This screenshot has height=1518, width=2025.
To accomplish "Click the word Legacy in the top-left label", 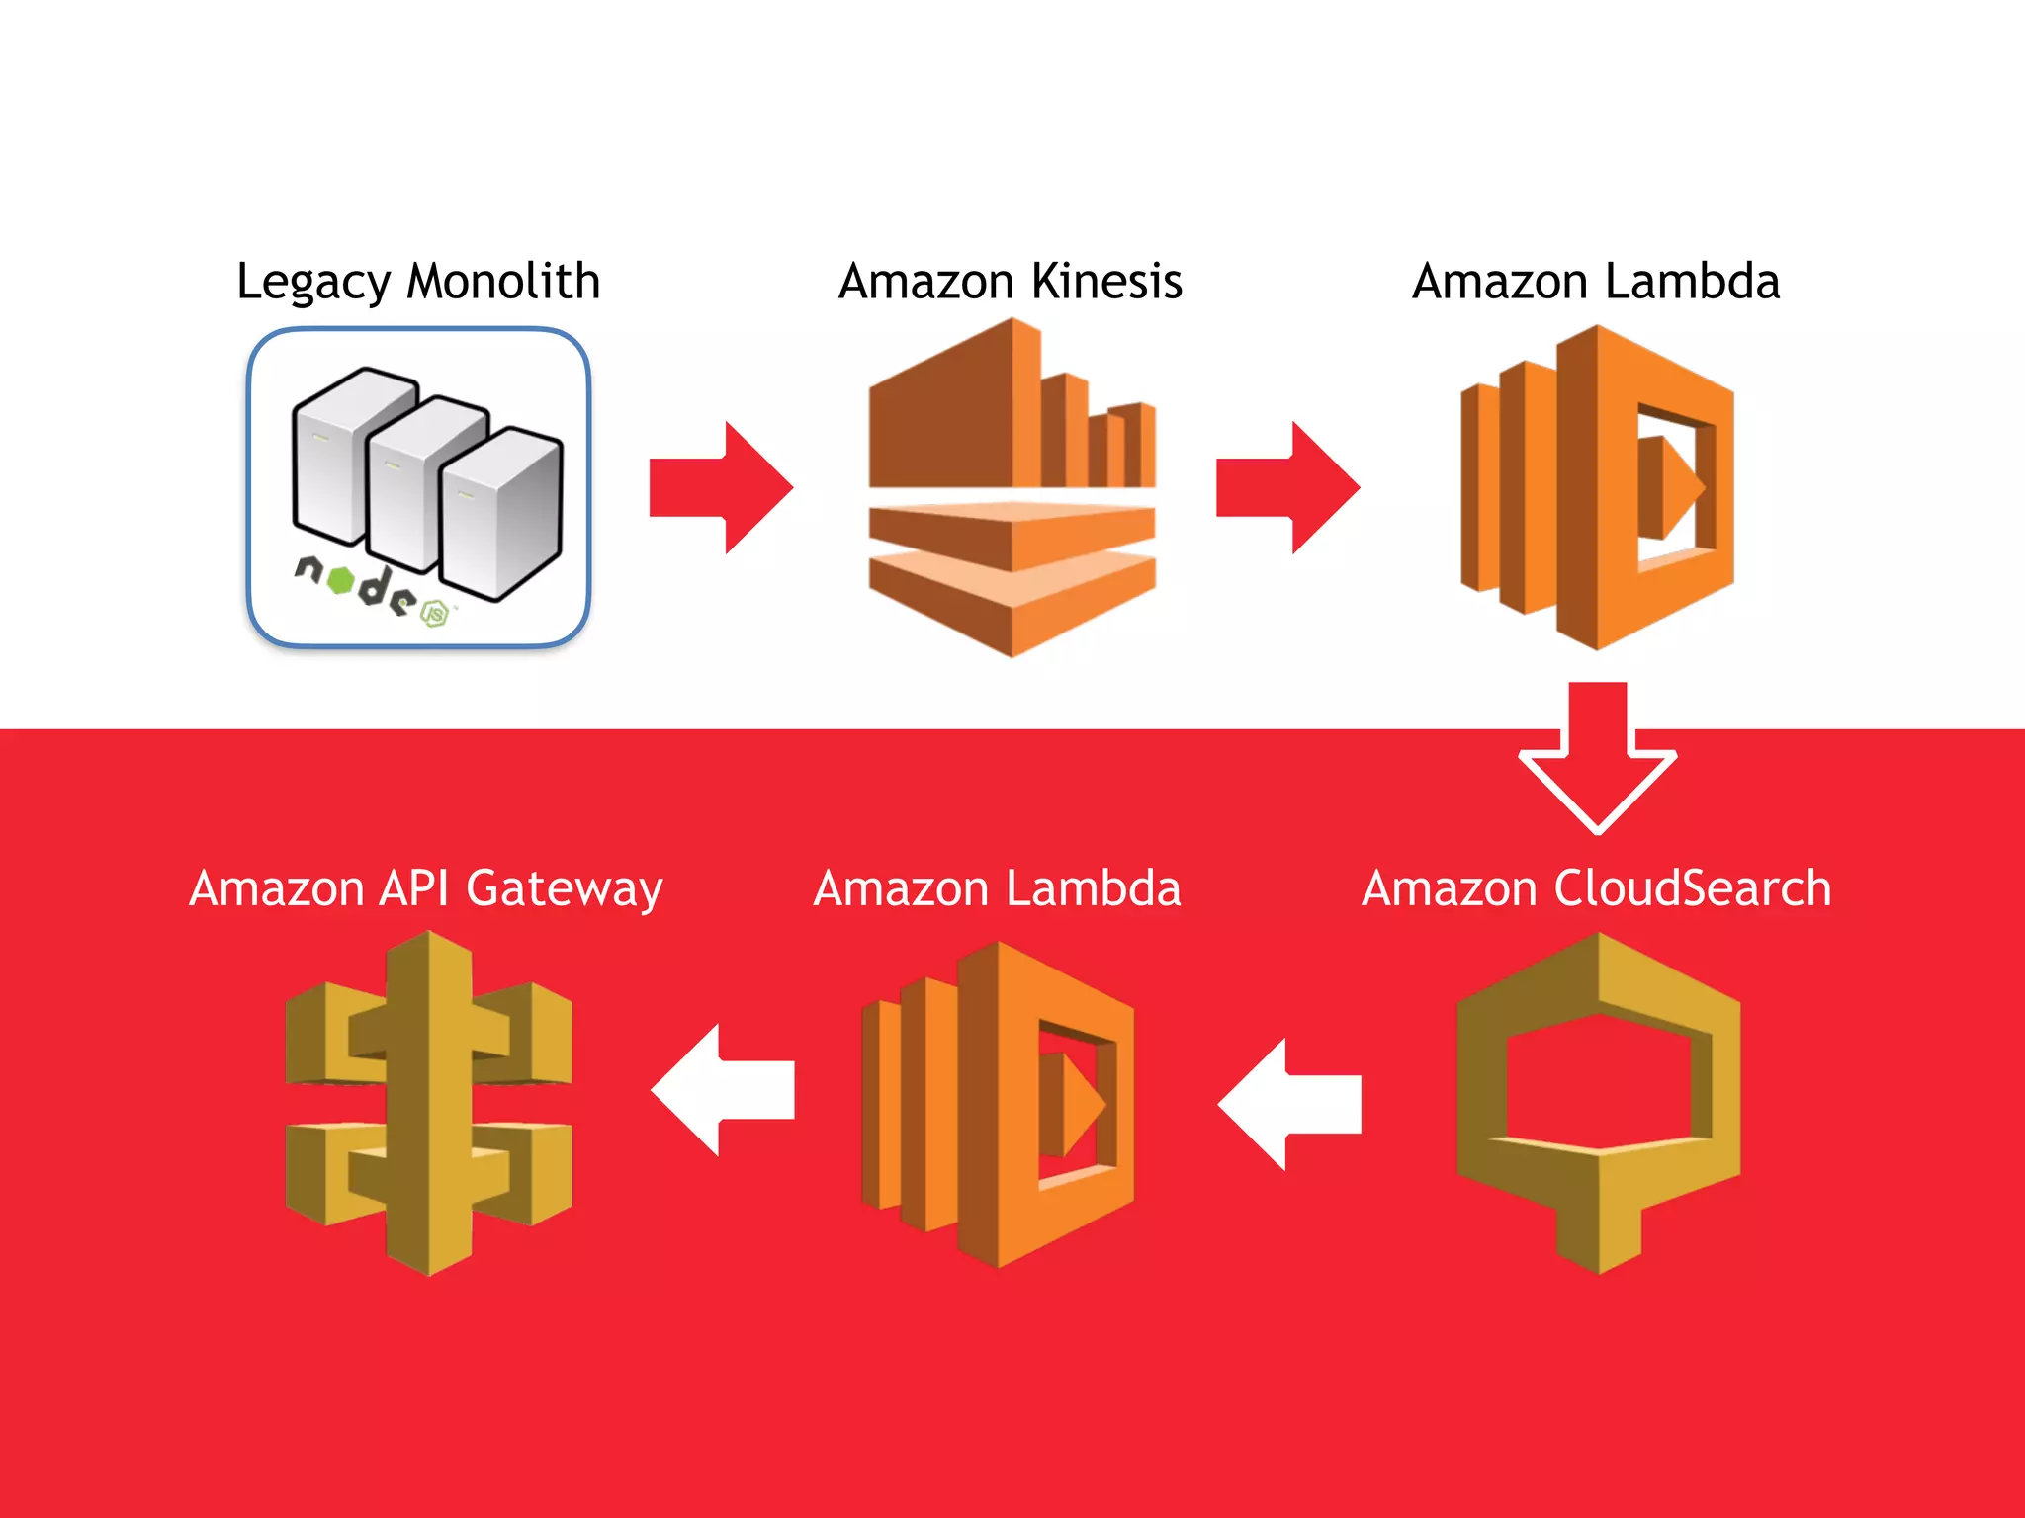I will [313, 283].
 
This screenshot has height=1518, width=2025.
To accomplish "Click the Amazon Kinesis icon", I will [1012, 487].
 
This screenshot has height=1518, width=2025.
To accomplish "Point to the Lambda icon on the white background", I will [1597, 487].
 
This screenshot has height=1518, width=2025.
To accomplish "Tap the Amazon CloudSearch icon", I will [1598, 1102].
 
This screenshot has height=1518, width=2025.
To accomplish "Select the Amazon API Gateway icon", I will [428, 1103].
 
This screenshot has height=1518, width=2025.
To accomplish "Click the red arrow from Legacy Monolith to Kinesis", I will [721, 487].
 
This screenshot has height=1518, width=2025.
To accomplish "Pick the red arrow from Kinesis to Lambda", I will [1287, 487].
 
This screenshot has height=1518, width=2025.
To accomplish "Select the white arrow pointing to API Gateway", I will [722, 1090].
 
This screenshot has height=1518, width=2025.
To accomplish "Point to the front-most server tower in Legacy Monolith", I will [500, 514].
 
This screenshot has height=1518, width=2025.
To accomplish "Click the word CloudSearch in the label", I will [1692, 887].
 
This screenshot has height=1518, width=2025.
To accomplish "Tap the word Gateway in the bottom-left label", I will [564, 888].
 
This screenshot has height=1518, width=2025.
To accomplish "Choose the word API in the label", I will [414, 887].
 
